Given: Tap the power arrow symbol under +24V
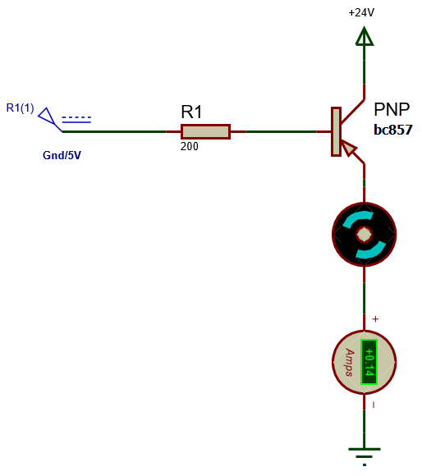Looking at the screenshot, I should pyautogui.click(x=364, y=36).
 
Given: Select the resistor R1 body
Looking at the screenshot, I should pyautogui.click(x=205, y=131).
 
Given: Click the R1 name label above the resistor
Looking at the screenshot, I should pyautogui.click(x=191, y=112).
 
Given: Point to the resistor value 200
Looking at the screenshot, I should pyautogui.click(x=189, y=147).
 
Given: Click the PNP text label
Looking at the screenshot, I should pyautogui.click(x=392, y=110).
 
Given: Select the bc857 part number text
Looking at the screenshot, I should pyautogui.click(x=392, y=130).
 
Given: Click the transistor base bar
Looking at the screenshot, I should pyautogui.click(x=336, y=131).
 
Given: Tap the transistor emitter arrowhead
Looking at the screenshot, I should pyautogui.click(x=349, y=148).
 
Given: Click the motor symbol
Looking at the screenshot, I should pyautogui.click(x=364, y=235).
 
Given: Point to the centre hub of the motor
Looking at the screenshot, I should pyautogui.click(x=364, y=235).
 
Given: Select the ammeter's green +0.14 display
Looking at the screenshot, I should pyautogui.click(x=369, y=361).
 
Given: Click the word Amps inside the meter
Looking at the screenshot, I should pyautogui.click(x=350, y=362).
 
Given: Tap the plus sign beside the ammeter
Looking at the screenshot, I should pyautogui.click(x=375, y=318).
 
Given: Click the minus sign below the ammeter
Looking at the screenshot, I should pyautogui.click(x=374, y=405).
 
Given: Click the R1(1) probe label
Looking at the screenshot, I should pyautogui.click(x=20, y=108).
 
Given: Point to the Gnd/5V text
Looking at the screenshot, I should pyautogui.click(x=62, y=155).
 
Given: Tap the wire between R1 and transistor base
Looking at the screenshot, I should pyautogui.click(x=279, y=131).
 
